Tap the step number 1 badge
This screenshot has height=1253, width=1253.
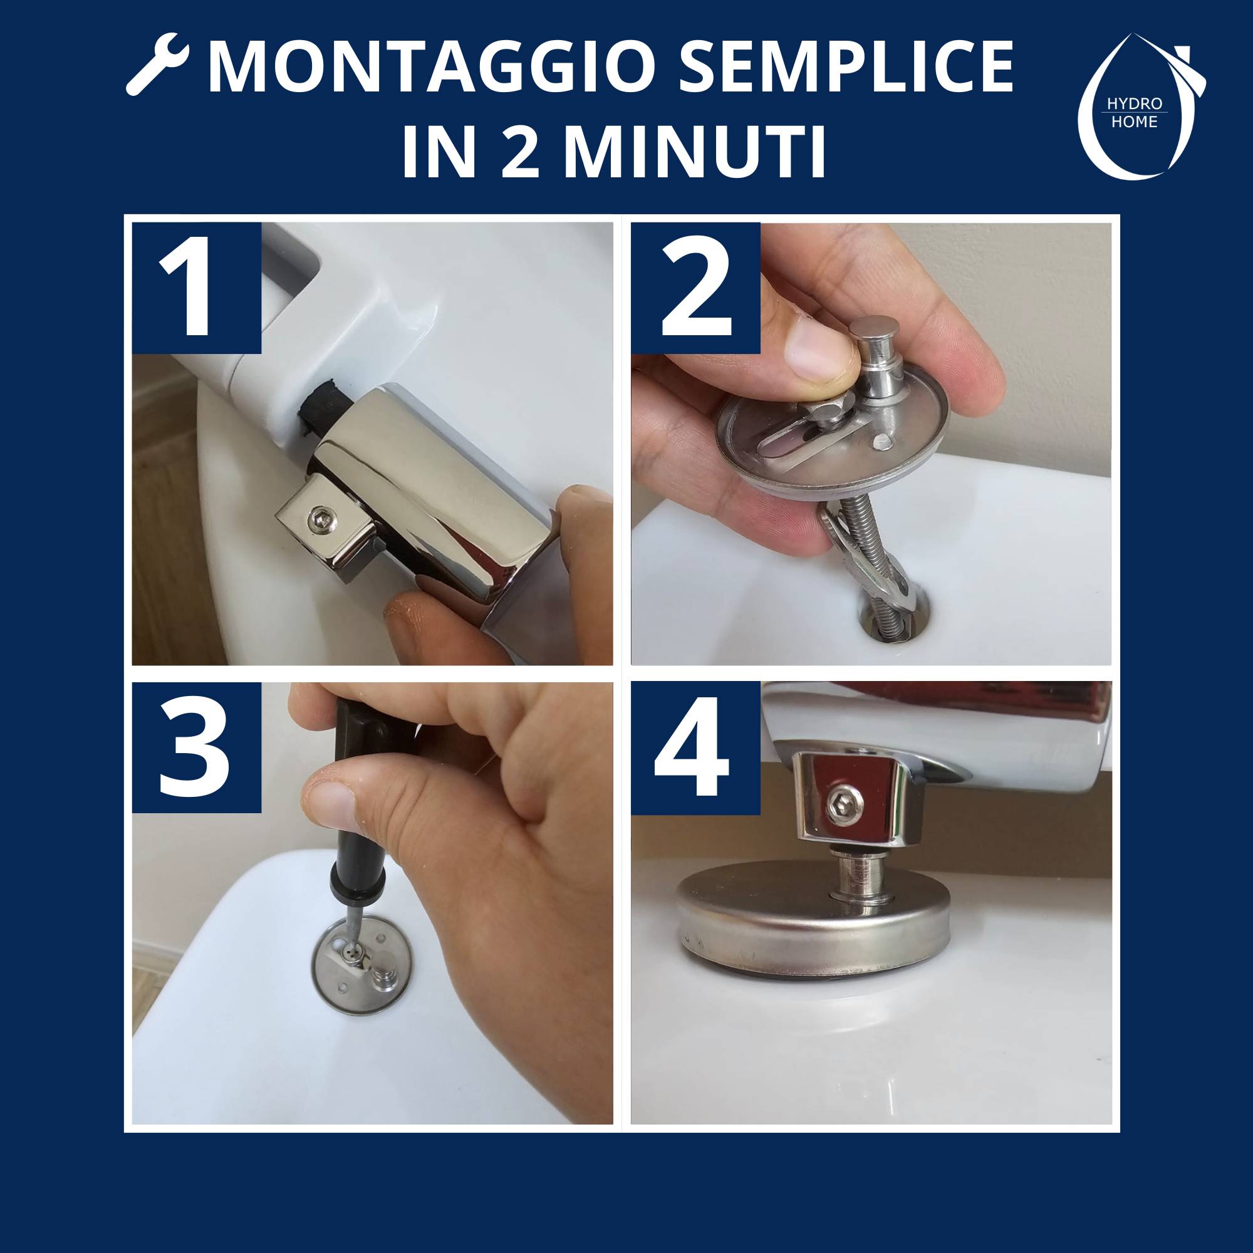197,288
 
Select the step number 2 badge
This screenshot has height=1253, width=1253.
695,288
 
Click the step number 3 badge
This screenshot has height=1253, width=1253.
197,747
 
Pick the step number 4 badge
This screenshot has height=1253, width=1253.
695,747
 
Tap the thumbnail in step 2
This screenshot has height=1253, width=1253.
816,353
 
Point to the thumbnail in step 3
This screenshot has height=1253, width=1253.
331,806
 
